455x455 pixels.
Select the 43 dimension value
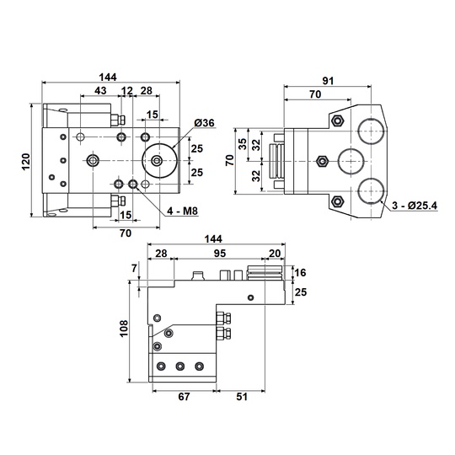pos(100,90)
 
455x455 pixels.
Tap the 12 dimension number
pos(127,90)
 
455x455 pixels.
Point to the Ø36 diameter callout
pos(204,124)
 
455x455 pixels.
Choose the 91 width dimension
pos(328,81)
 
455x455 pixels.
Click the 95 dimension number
pos(219,253)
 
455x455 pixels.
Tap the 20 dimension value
pos(275,253)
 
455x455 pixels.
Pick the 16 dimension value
pos(301,272)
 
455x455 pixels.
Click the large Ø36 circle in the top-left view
pos(158,159)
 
